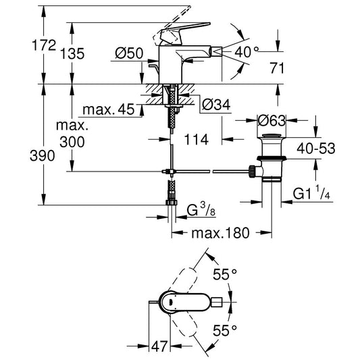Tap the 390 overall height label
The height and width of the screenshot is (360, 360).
tap(20, 155)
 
